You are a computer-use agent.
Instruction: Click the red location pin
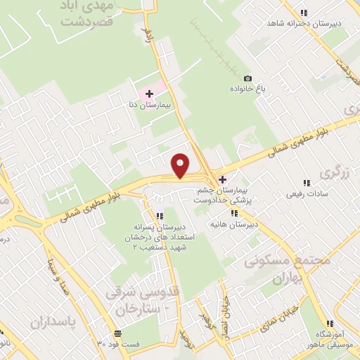(x=181, y=165)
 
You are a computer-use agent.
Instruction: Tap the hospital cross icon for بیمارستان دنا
(x=149, y=94)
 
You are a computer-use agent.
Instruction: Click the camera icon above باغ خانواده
(x=247, y=78)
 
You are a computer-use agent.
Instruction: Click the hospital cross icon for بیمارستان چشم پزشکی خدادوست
(x=223, y=180)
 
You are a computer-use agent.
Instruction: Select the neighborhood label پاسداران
(x=53, y=321)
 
